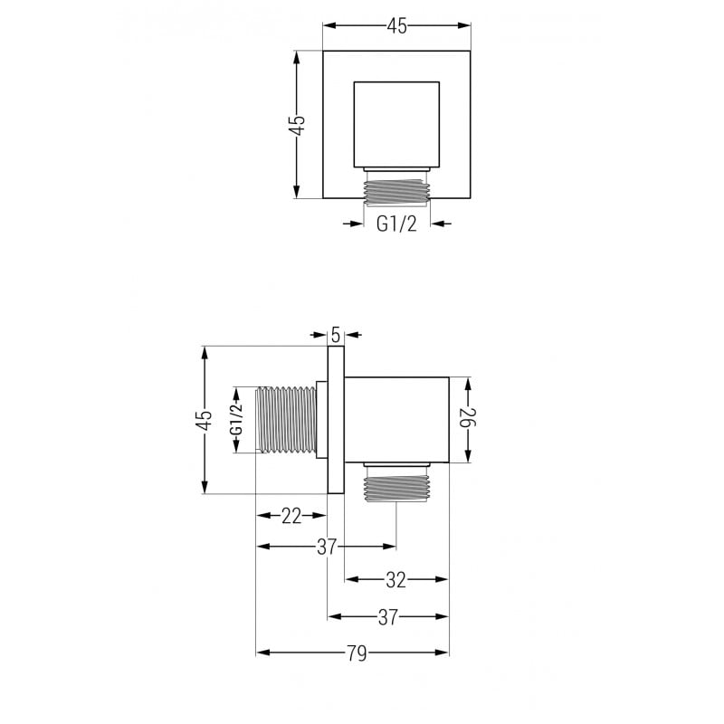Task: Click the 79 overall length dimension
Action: coord(357,653)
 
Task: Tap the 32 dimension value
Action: coord(396,579)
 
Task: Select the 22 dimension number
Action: coord(291,516)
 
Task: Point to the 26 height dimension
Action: coord(466,420)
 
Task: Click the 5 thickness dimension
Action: coord(336,334)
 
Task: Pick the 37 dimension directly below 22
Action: coord(327,547)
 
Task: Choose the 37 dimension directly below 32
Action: coord(388,617)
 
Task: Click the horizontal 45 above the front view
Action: coord(396,26)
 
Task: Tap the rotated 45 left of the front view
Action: coord(298,124)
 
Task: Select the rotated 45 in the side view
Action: coord(205,420)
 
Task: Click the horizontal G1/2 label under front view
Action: coord(396,224)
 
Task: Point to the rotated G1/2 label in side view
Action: coord(237,420)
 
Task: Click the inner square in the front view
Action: coord(396,124)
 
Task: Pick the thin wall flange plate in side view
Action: coord(336,420)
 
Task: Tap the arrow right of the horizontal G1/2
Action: coord(441,224)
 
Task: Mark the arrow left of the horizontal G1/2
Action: coord(352,224)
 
